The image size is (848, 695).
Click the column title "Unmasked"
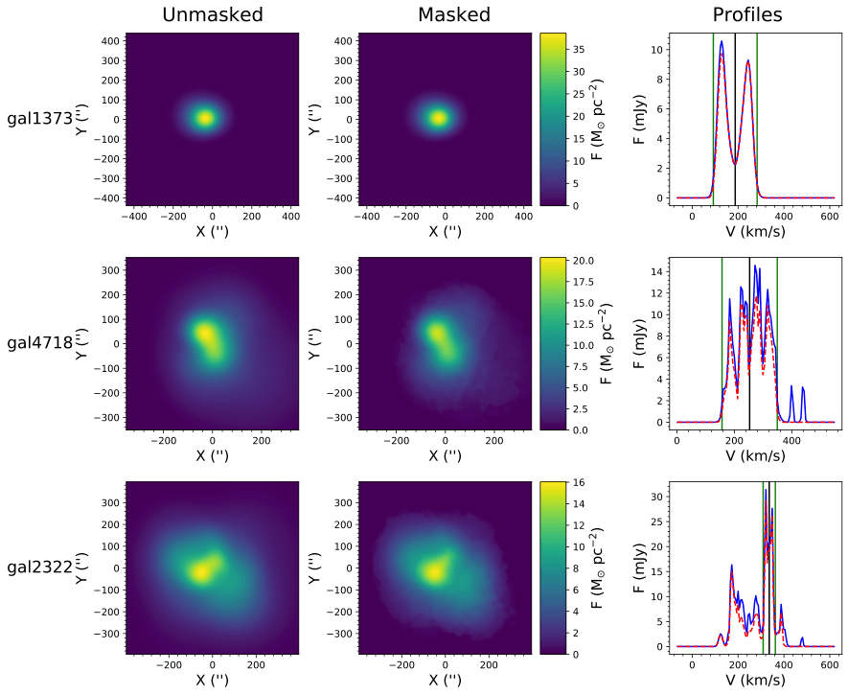(x=212, y=14)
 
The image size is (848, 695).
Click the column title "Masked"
(x=453, y=14)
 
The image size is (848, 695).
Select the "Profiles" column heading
(x=746, y=14)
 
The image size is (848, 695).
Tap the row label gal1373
(x=39, y=119)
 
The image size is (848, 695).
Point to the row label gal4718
(x=39, y=342)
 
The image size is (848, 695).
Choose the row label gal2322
(x=39, y=567)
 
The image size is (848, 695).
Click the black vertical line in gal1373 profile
(x=735, y=115)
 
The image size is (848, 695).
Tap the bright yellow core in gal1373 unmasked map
(x=204, y=119)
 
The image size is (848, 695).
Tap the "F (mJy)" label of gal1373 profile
(x=638, y=119)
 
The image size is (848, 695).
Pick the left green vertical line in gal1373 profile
(x=713, y=115)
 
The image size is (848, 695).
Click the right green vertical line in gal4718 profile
(x=777, y=340)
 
